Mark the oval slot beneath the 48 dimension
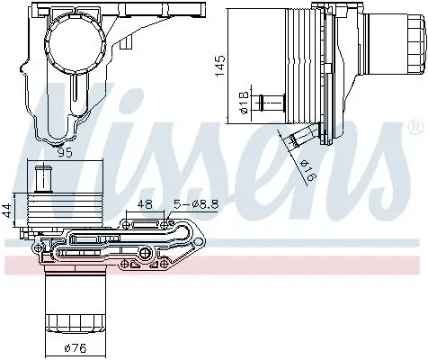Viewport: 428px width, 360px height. (145, 219)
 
